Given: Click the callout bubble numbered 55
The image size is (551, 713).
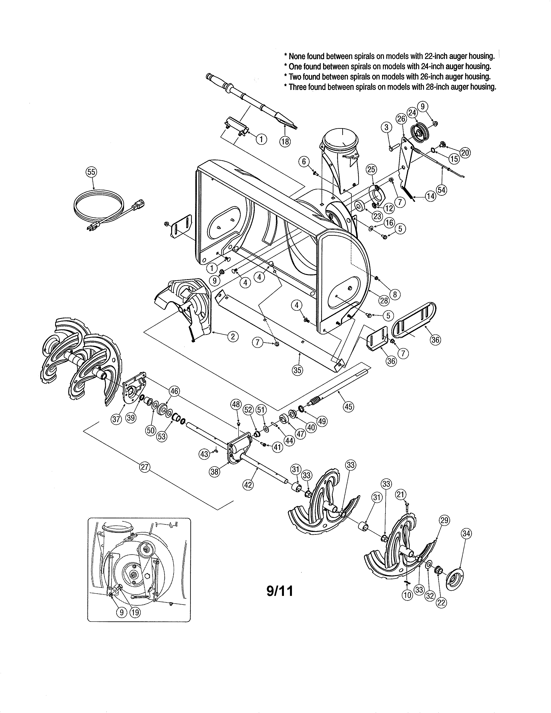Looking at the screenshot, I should coord(92,172).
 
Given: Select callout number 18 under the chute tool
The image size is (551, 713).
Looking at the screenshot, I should coord(285,141).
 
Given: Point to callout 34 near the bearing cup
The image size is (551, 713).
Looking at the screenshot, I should coord(466,533).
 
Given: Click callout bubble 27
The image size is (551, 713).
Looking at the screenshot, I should coord(145,467).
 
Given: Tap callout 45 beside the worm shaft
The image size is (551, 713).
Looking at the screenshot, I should coord(349,406).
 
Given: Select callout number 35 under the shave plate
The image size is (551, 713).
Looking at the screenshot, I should coord(297,370).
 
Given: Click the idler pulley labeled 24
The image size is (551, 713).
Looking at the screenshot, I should coord(420,131).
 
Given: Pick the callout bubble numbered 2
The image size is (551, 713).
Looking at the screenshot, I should coord(233,337).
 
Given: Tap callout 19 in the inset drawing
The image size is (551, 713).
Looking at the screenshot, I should coord(135,613).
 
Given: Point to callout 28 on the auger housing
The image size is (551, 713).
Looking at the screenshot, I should coord(384,300).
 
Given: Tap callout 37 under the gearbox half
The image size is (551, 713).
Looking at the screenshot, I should coord(116,419).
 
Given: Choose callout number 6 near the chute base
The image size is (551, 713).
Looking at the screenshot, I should coord(304,161).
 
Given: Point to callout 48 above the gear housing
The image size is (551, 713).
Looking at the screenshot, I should coord(236,404).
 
